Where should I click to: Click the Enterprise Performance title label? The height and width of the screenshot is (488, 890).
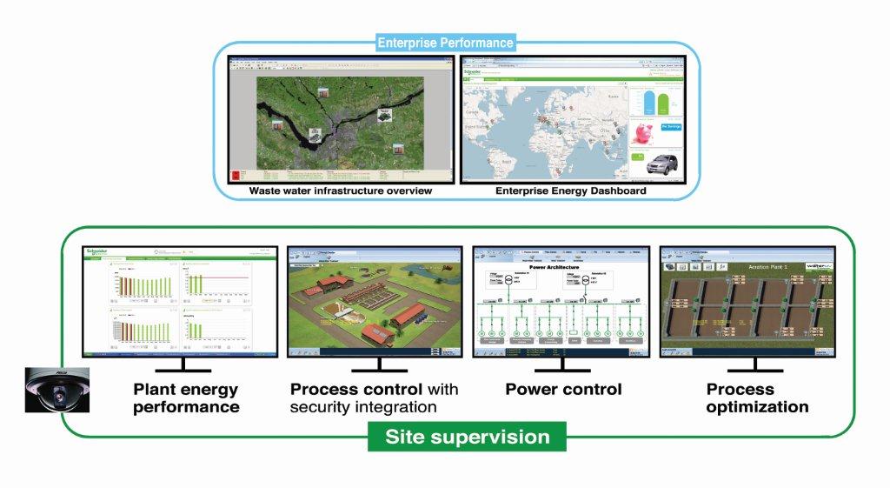coord(445,42)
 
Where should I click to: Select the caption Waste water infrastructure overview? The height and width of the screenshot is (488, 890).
coord(340,191)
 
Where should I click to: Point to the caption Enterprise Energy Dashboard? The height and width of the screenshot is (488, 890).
coord(570,191)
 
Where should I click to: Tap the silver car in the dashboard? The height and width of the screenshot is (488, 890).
coord(653,164)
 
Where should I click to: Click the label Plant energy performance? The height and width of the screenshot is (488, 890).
coord(186,398)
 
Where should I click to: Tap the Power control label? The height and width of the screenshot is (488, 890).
coord(563,389)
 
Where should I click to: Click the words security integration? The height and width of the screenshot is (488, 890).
coord(363,407)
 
